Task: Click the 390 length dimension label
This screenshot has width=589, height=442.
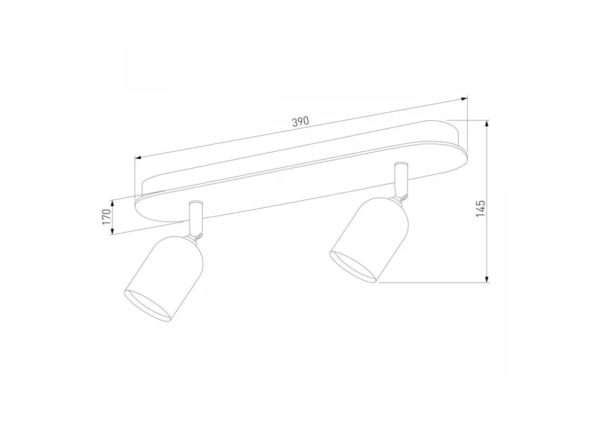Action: [x=300, y=121]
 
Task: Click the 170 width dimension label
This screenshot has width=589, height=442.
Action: [x=107, y=217]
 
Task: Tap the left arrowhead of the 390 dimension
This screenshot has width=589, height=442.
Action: [x=138, y=157]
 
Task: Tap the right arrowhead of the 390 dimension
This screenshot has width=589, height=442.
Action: [x=464, y=99]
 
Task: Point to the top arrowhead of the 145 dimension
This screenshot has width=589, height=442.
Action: [x=487, y=123]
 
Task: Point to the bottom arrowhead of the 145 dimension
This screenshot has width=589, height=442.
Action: [x=487, y=279]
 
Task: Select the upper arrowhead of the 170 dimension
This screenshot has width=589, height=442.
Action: [x=113, y=204]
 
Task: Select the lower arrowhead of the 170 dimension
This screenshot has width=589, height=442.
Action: [x=113, y=231]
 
